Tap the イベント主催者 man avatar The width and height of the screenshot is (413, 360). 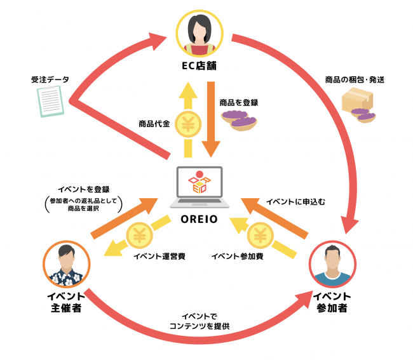67,265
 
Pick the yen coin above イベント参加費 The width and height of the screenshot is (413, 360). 259,236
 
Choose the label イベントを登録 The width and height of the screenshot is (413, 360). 84,189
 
